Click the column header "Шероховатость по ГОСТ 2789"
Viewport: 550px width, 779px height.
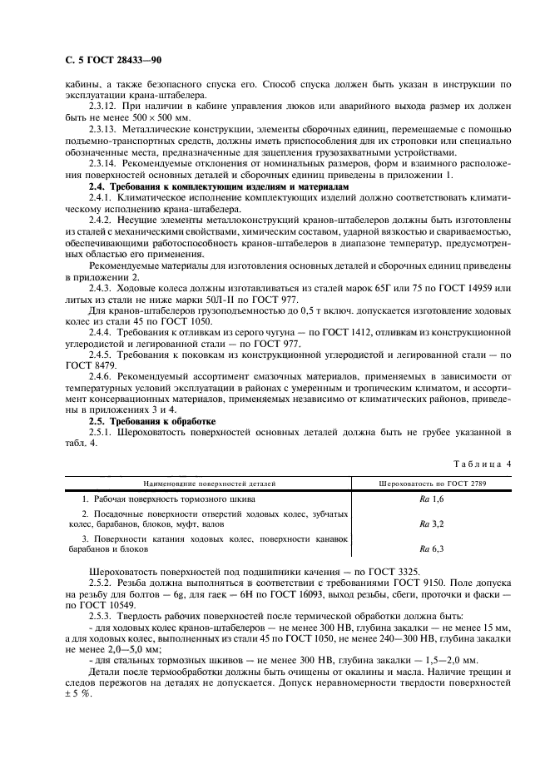(432, 482)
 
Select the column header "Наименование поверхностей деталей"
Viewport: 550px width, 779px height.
(209, 482)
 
